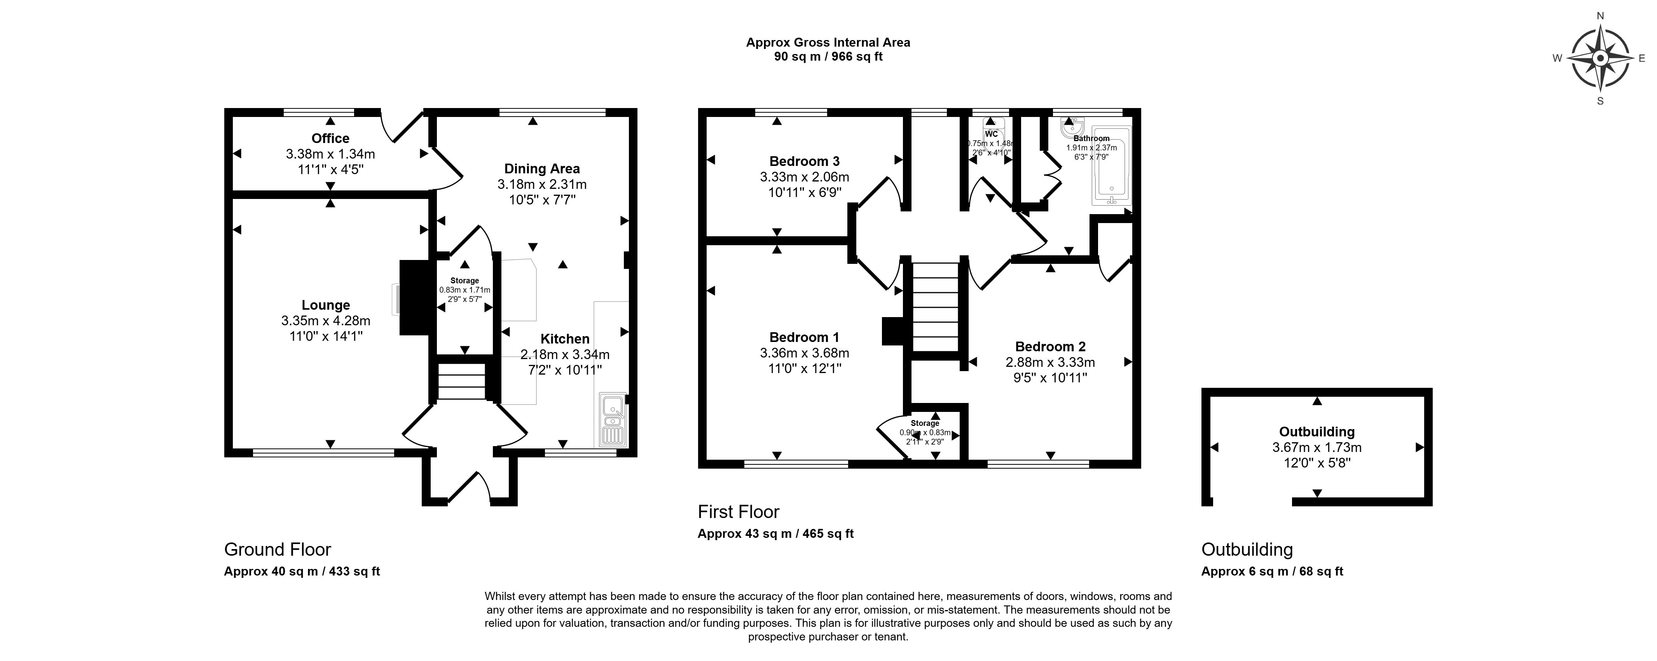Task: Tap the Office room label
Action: pos(331,138)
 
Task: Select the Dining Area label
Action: pos(541,169)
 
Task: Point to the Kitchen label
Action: pos(565,339)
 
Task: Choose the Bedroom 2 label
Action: pos(1050,347)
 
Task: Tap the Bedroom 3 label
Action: pos(804,161)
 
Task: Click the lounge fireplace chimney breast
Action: pos(415,298)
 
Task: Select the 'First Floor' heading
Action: pos(739,512)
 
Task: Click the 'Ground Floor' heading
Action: pos(277,550)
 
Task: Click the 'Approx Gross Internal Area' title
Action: pos(828,42)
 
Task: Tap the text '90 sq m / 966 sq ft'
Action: pos(828,57)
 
